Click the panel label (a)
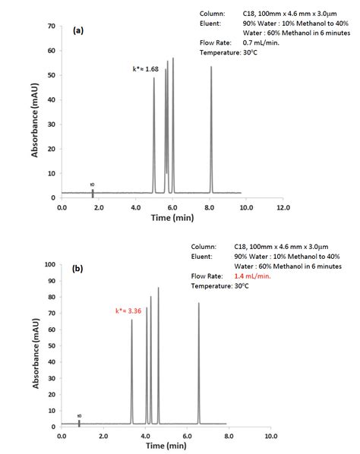pos(78,32)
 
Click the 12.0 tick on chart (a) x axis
pos(283,207)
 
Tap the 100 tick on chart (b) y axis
pos(49,265)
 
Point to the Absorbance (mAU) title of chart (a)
pos(34,112)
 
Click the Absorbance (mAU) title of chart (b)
pos(34,345)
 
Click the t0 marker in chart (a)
pos(93,192)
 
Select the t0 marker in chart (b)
pos(79,422)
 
